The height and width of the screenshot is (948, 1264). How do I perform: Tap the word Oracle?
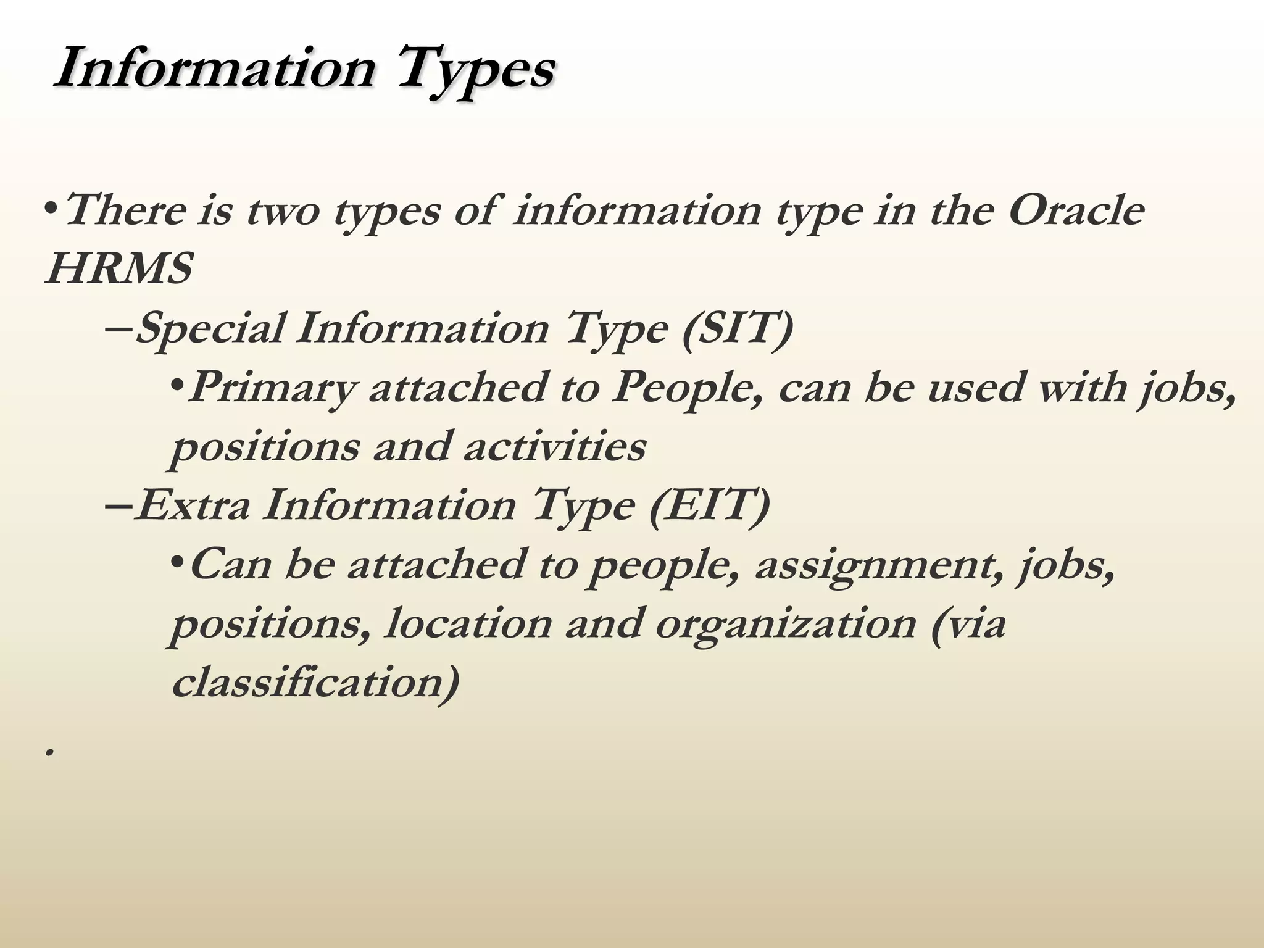pos(1076,210)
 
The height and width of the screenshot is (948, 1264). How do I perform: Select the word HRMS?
pos(119,269)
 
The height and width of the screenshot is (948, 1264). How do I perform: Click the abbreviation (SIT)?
pos(738,328)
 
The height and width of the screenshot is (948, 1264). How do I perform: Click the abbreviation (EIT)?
pos(710,505)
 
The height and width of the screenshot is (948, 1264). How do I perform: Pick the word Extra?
pos(193,505)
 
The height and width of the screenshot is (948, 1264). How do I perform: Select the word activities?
pos(554,446)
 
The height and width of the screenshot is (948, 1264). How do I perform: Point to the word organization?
pos(785,623)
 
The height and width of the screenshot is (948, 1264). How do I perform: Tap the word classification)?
pos(315,683)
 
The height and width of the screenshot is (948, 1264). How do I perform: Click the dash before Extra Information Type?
pos(118,505)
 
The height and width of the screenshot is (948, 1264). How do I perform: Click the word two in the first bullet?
pos(283,210)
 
